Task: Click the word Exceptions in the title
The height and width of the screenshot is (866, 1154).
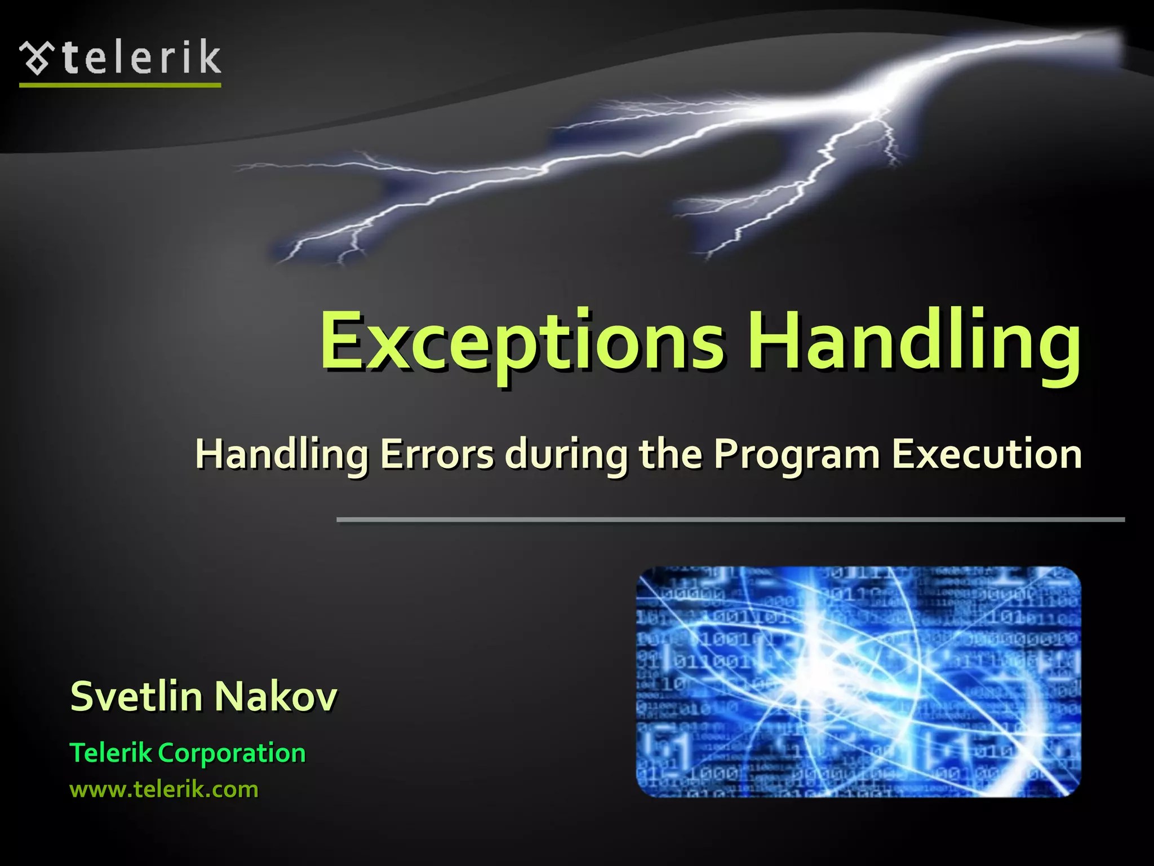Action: [521, 343]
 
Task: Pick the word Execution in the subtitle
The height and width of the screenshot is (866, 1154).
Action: [987, 454]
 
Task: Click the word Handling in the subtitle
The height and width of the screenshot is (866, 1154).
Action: [282, 455]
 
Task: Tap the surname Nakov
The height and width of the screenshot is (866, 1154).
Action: [276, 696]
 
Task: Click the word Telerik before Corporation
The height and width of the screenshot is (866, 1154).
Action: [110, 753]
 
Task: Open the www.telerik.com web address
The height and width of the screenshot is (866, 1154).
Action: [163, 789]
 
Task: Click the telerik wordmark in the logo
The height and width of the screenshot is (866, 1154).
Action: [141, 58]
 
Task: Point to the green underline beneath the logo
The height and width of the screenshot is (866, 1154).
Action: [120, 85]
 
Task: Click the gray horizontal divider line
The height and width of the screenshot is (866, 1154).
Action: [730, 519]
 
